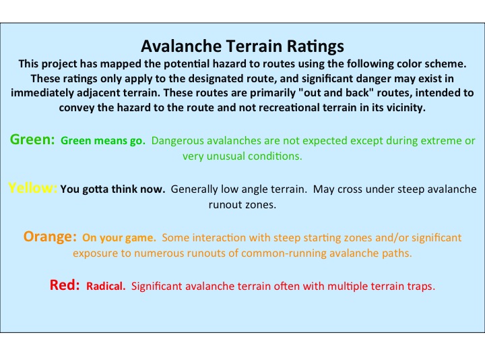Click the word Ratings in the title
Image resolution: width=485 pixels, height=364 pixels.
315,47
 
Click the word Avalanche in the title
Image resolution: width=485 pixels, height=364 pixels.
181,46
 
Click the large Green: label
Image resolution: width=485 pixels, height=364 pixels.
32,140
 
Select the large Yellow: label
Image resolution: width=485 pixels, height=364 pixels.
32,188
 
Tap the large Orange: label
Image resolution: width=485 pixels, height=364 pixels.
50,237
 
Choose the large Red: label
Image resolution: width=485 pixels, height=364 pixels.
65,285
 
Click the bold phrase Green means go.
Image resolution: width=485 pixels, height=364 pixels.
103,141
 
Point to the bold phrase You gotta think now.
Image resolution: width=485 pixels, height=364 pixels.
113,189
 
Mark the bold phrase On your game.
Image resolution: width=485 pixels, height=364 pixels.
119,238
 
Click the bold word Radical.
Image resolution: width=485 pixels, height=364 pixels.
106,286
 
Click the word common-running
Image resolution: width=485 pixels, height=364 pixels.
284,253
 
